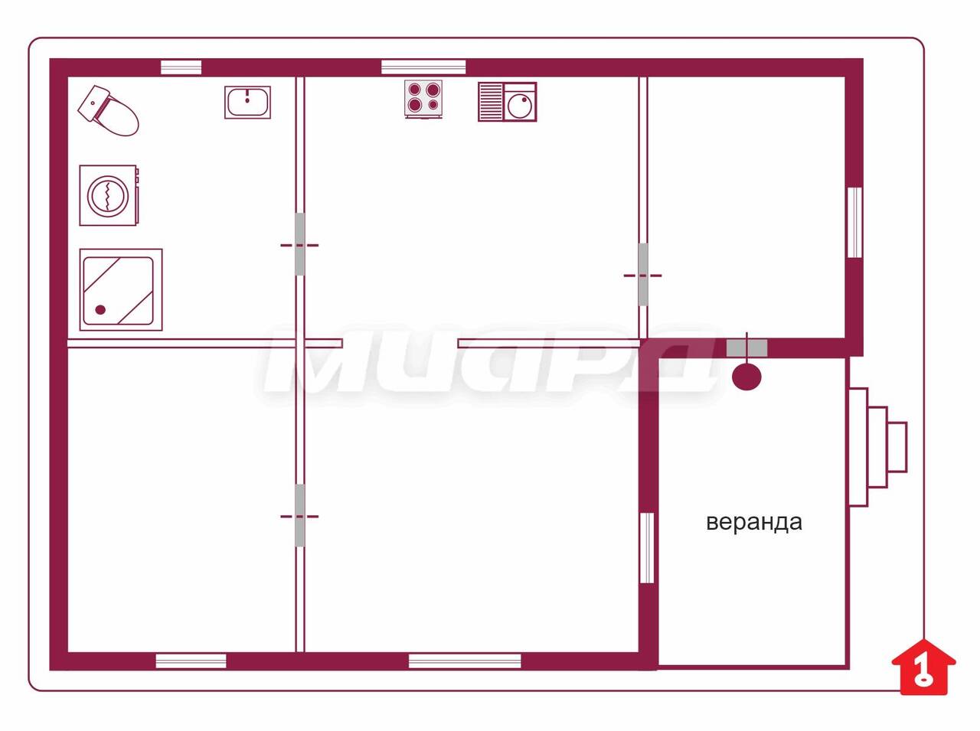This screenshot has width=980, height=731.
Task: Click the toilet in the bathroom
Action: (x=108, y=110)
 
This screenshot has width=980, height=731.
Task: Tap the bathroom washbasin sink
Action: (x=247, y=103)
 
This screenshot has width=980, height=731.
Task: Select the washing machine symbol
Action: (x=109, y=195)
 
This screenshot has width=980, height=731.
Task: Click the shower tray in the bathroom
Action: (x=120, y=289)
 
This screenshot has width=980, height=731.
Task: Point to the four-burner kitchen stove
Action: (x=423, y=99)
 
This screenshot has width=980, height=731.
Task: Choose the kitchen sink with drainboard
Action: (x=507, y=102)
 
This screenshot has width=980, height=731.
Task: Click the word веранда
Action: (x=753, y=522)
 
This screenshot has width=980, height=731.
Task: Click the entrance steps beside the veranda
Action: (x=877, y=447)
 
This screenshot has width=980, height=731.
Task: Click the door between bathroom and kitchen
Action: (x=299, y=244)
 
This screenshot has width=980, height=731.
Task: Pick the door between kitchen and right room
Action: (x=642, y=275)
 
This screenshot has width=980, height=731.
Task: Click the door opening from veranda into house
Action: (x=746, y=348)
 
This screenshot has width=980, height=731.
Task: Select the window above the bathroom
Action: (x=181, y=67)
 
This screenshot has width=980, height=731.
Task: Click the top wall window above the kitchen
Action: (x=423, y=67)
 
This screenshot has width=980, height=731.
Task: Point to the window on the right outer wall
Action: (x=854, y=222)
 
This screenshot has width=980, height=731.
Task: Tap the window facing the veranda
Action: (x=647, y=547)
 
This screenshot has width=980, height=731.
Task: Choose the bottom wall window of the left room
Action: (x=191, y=661)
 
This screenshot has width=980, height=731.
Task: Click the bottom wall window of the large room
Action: (x=465, y=661)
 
